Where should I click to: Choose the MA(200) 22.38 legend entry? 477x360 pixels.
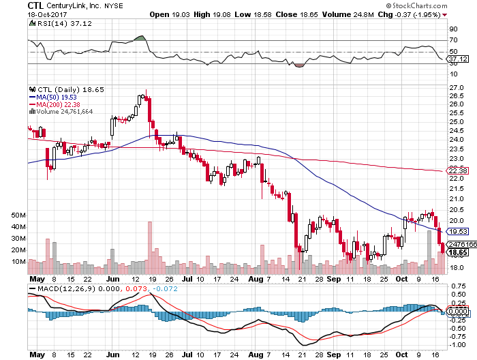pyautogui.click(x=59, y=104)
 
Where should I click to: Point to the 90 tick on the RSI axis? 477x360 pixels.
pyautogui.click(x=452, y=29)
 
